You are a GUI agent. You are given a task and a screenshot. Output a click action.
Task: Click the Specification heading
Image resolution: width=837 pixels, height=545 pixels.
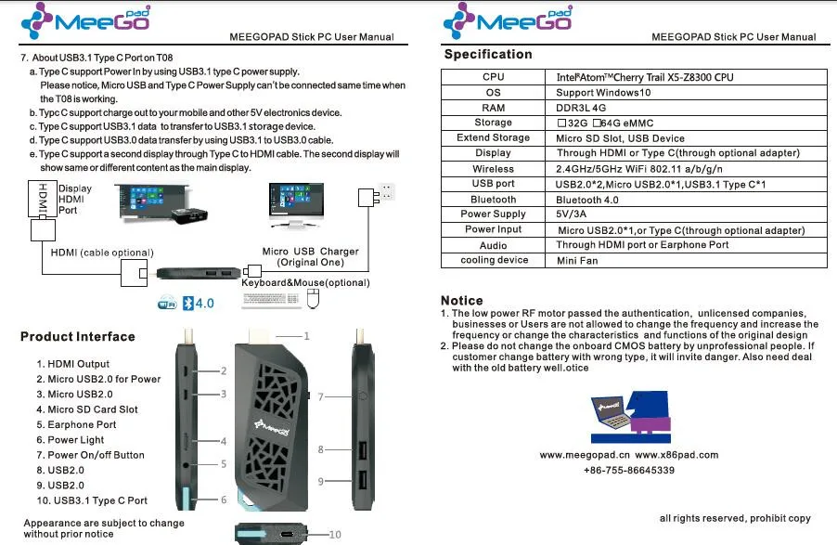[488, 55]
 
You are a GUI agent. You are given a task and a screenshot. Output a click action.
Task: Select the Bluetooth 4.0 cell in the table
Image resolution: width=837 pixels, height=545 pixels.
[586, 200]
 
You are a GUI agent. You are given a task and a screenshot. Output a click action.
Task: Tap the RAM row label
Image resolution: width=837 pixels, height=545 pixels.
[493, 108]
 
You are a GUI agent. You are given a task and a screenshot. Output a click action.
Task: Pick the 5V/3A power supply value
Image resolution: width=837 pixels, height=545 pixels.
[571, 214]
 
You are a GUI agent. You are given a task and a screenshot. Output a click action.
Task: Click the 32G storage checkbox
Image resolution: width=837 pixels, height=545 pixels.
[561, 123]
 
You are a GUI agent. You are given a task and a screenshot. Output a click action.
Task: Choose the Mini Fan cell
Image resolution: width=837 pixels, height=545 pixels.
[576, 261]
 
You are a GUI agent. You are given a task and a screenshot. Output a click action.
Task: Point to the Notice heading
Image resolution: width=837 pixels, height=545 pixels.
[462, 300]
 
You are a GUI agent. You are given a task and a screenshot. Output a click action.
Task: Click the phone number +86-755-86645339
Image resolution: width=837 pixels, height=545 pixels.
[629, 470]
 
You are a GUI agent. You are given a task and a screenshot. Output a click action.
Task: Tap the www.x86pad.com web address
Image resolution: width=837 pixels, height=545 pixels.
[676, 455]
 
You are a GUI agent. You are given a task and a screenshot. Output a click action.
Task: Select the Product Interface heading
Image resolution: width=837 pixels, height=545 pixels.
[77, 337]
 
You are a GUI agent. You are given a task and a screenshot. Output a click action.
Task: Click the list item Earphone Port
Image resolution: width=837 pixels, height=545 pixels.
[76, 425]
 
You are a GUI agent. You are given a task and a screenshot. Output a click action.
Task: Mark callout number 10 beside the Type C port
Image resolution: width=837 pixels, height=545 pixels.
[335, 534]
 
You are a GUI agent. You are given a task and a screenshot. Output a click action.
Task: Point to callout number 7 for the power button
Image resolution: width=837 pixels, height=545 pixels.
[320, 397]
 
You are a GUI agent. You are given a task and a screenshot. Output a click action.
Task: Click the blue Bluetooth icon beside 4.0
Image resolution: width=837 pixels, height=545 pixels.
[187, 304]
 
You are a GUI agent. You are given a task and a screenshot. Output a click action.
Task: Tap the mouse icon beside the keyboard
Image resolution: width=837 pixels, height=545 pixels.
[313, 299]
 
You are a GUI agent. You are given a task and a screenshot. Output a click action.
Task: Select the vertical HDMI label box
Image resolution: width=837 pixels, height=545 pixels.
[43, 199]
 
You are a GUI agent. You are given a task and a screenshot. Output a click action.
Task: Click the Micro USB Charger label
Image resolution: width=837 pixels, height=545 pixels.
[310, 256]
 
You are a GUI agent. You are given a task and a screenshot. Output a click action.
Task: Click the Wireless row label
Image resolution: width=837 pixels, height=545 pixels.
[493, 169]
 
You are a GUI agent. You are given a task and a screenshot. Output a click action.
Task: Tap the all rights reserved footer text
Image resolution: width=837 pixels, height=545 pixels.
[735, 518]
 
